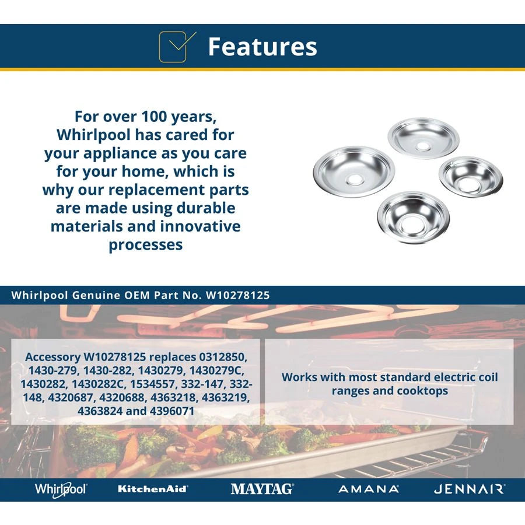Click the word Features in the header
pos(262,47)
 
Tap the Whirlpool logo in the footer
pos(61,489)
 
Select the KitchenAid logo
pos(153,489)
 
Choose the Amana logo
pos(369,489)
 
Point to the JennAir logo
pos(470,489)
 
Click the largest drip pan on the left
pos(354,171)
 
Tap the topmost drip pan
pos(423,138)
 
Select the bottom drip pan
pos(413,217)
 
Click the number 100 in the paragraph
pos(155,117)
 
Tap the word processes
pos(146,245)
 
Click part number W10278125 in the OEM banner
pos(238,295)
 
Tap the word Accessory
pos(53,357)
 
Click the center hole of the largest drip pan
pos(355,180)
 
